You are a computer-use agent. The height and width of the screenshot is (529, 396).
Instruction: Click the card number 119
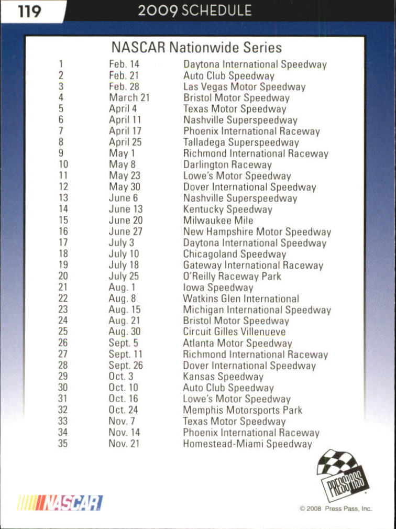(29, 11)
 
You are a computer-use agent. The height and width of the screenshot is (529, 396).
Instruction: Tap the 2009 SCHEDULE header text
(195, 10)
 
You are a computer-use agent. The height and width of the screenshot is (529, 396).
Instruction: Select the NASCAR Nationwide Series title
(196, 48)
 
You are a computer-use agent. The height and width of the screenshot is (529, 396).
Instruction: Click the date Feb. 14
(124, 64)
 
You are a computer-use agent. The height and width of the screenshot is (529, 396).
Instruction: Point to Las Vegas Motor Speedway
(244, 87)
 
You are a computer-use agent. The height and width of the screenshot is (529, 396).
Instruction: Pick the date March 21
(129, 98)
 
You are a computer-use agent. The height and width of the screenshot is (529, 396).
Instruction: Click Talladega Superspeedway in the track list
(241, 142)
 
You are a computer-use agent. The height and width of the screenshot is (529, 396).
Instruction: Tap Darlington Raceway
(227, 165)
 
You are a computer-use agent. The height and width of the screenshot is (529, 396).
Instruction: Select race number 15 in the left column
(63, 221)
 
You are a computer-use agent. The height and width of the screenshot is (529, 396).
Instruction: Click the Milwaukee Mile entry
(218, 221)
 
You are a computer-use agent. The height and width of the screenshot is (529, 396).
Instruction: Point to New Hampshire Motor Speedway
(257, 232)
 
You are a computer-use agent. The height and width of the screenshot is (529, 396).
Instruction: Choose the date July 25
(124, 276)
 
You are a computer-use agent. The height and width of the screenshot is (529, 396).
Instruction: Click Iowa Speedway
(218, 288)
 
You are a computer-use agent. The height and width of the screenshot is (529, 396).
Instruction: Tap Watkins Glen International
(241, 299)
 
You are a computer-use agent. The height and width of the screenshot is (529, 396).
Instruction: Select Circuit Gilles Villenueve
(234, 332)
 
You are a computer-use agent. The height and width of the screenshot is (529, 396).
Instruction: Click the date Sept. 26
(126, 366)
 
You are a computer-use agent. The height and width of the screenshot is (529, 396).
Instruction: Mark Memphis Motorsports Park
(243, 410)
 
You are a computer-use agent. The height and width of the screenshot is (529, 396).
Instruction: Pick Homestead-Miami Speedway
(247, 444)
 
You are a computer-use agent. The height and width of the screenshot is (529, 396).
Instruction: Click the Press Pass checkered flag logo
(343, 475)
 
